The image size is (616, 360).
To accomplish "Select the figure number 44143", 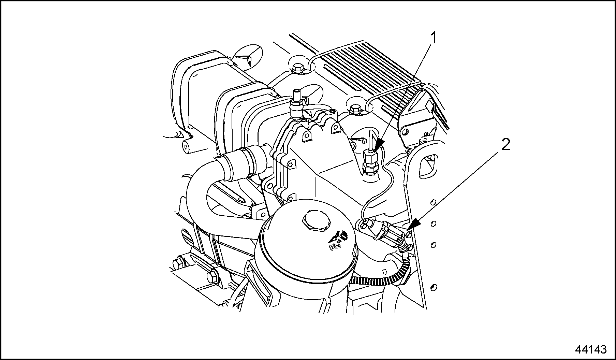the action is tap(591, 350).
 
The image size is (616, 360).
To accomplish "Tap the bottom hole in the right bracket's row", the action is tap(434, 288).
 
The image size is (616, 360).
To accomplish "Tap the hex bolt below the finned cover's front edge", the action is tap(355, 109).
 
